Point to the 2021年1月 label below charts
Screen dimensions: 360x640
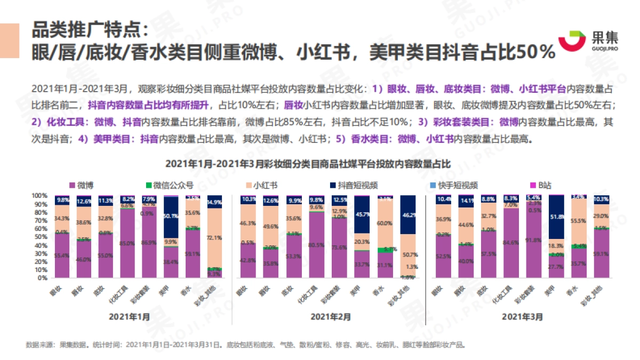[x=130, y=316]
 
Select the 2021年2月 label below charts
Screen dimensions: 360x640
[x=331, y=316]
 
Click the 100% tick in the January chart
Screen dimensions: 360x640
[x=41, y=195]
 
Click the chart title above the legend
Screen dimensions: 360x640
[x=308, y=164]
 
